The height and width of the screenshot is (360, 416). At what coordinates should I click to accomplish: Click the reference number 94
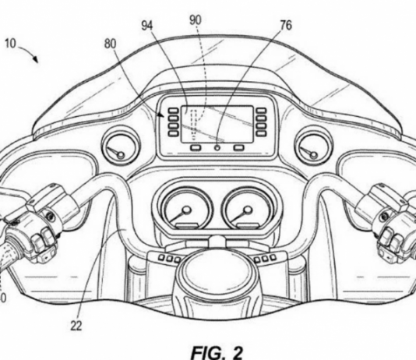click(x=147, y=26)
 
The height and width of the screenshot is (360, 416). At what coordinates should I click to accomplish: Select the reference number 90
click(x=196, y=20)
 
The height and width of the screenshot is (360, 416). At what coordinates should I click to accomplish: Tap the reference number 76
click(x=286, y=25)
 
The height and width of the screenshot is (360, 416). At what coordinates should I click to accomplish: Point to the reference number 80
click(x=111, y=44)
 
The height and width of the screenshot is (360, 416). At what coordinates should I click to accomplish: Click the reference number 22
click(x=76, y=325)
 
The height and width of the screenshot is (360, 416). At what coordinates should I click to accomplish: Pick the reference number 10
click(x=10, y=43)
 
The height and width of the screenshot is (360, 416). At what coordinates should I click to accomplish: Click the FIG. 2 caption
click(x=217, y=352)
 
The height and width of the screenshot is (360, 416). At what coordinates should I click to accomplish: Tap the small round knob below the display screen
click(x=217, y=148)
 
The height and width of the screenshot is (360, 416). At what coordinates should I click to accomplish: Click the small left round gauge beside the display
click(x=121, y=146)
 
